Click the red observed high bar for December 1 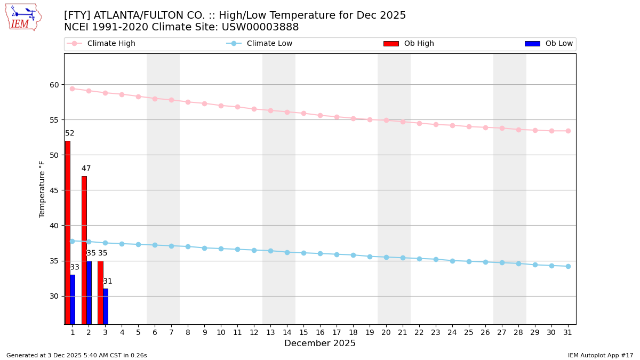click(68, 232)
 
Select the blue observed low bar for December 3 click(106, 306)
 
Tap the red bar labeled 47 click(84, 250)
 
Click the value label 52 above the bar click(70, 133)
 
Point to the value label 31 click(108, 281)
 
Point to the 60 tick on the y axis click(54, 85)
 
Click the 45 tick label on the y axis click(54, 190)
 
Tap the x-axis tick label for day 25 click(469, 332)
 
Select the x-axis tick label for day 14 click(287, 332)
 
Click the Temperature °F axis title click(43, 189)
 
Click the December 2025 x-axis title click(319, 343)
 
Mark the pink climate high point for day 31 click(568, 131)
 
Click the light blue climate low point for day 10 click(221, 249)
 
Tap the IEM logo click(23, 17)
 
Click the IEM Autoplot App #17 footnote click(600, 355)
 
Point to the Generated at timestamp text click(76, 355)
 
